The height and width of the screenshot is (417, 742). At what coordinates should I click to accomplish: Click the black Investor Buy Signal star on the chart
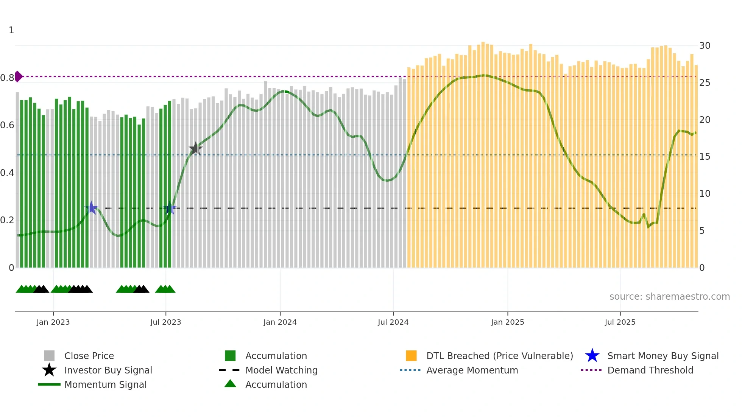pyautogui.click(x=195, y=149)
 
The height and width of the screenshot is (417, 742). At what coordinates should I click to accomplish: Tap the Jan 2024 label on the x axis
pyautogui.click(x=280, y=322)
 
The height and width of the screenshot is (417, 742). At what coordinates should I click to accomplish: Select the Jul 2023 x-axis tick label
pyautogui.click(x=165, y=322)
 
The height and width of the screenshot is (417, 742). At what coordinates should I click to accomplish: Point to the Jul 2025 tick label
pyautogui.click(x=620, y=322)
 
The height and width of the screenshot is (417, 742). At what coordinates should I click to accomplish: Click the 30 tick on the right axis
pyautogui.click(x=705, y=46)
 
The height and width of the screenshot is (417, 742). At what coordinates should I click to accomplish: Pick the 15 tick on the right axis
pyautogui.click(x=705, y=157)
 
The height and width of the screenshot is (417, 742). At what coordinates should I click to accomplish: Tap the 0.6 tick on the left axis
pyautogui.click(x=7, y=125)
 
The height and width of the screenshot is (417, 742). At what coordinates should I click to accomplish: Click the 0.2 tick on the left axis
pyautogui.click(x=7, y=220)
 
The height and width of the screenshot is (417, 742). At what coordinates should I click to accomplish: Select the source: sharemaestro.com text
pyautogui.click(x=669, y=296)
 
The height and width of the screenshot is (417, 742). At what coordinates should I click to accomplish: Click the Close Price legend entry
pyautogui.click(x=89, y=356)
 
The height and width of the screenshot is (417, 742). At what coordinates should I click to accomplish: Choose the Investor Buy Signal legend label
pyautogui.click(x=108, y=370)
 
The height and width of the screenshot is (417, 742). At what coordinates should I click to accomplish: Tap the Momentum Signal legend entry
pyautogui.click(x=105, y=384)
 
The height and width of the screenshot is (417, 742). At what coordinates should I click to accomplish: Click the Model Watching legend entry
pyautogui.click(x=281, y=370)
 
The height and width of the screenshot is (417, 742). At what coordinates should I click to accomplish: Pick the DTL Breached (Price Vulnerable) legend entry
pyautogui.click(x=499, y=356)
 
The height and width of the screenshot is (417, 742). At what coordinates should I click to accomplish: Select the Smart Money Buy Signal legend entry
pyautogui.click(x=663, y=356)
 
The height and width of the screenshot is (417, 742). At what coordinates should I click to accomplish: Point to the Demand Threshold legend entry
pyautogui.click(x=650, y=370)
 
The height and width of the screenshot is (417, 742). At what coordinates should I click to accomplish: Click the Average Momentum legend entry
pyautogui.click(x=472, y=370)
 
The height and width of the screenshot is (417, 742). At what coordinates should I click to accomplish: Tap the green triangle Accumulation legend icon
pyautogui.click(x=230, y=384)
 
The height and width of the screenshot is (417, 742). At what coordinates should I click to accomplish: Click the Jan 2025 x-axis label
pyautogui.click(x=507, y=322)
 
